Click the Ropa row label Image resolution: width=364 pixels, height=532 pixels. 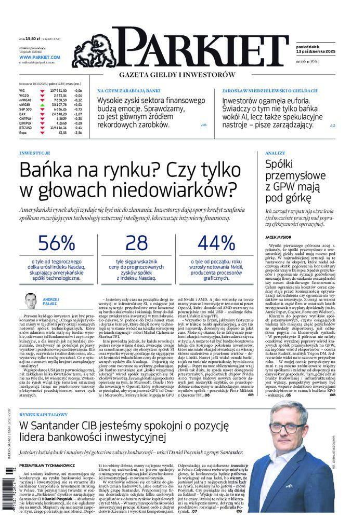coord(23,132)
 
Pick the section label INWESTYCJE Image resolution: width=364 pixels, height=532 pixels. coord(34,154)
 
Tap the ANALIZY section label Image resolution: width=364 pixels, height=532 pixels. coord(275,154)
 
